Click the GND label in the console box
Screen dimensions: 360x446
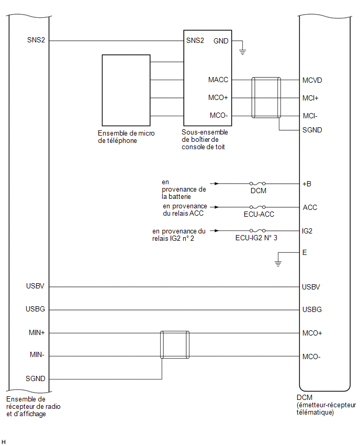221,41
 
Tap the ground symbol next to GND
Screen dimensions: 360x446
242,52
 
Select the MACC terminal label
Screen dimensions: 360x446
218,80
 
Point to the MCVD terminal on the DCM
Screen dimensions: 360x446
312,80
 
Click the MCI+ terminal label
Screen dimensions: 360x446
310,98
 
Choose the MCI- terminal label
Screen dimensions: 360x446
310,116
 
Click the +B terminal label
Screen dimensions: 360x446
307,184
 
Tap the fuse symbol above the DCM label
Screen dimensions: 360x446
257,183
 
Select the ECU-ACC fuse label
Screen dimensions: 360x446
259,214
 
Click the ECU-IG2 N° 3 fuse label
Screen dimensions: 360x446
256,238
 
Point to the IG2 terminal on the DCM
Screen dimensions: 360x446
307,231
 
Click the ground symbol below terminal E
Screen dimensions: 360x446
278,264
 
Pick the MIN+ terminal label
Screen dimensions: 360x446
37,332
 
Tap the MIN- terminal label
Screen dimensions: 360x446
37,355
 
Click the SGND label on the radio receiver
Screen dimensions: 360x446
35,378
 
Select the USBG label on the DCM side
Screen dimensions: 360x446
312,309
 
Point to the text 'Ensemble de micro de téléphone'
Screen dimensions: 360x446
126,137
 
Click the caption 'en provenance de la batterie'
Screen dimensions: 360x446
184,189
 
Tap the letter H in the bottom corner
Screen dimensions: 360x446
4,442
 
